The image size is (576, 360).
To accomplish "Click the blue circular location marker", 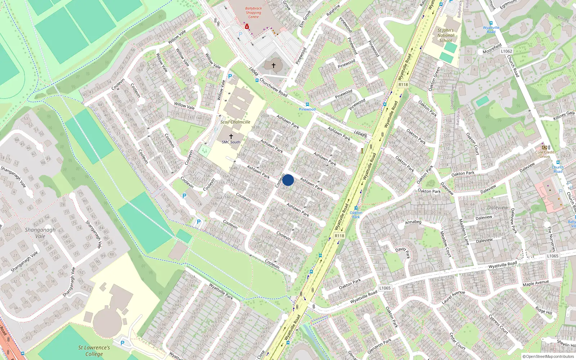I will click(288, 180).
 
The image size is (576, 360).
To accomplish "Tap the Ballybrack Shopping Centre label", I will click(253, 13).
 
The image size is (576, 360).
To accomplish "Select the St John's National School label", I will click(446, 35).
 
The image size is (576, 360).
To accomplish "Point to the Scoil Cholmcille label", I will click(235, 122).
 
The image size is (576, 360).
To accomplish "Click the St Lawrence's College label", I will click(94, 351).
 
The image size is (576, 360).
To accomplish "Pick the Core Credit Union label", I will click(545, 154).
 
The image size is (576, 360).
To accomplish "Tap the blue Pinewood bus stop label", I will click(307, 109).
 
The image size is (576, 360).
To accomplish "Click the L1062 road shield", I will click(507, 51).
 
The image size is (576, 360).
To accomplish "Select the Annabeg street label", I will click(413, 222).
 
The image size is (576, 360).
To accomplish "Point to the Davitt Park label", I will click(403, 252).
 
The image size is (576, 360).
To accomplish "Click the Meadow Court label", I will click(446, 244).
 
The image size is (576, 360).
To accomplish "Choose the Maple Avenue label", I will click(536, 283).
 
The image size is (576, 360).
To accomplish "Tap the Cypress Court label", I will click(498, 324).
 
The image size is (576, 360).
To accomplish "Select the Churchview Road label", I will click(274, 87).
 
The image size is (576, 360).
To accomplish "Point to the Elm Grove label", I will click(305, 19).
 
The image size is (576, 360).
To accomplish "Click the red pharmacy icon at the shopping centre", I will click(247, 26).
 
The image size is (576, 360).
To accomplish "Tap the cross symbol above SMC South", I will click(231, 136).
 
